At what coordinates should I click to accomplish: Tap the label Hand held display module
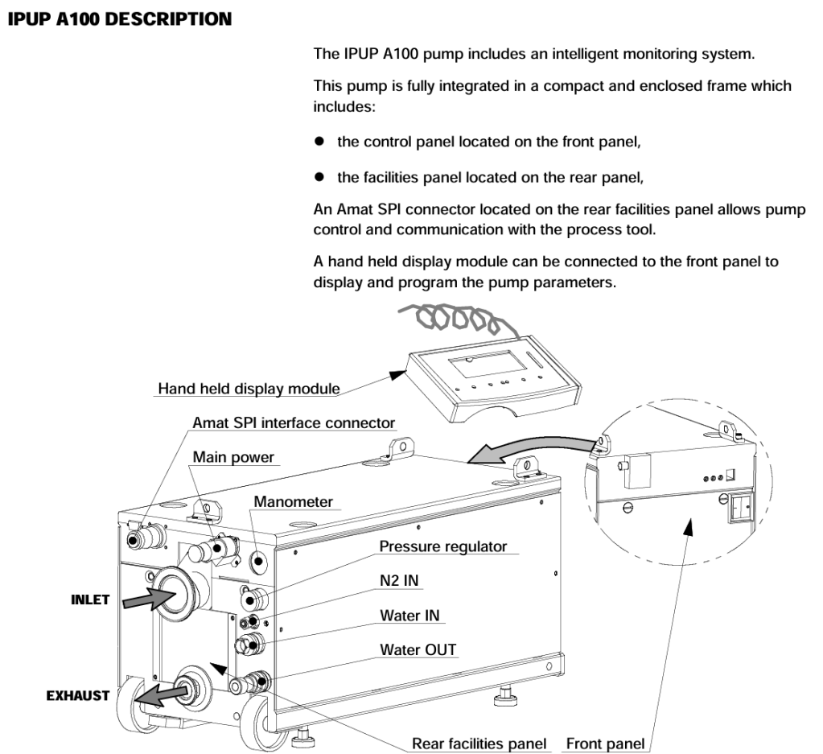click(248, 389)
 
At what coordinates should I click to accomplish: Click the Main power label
click(233, 457)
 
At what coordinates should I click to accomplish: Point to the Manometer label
click(293, 502)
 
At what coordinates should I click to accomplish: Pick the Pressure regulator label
click(443, 546)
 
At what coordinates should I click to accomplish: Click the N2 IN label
click(401, 581)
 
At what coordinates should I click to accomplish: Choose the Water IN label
click(414, 616)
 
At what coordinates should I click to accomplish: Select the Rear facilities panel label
click(479, 744)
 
